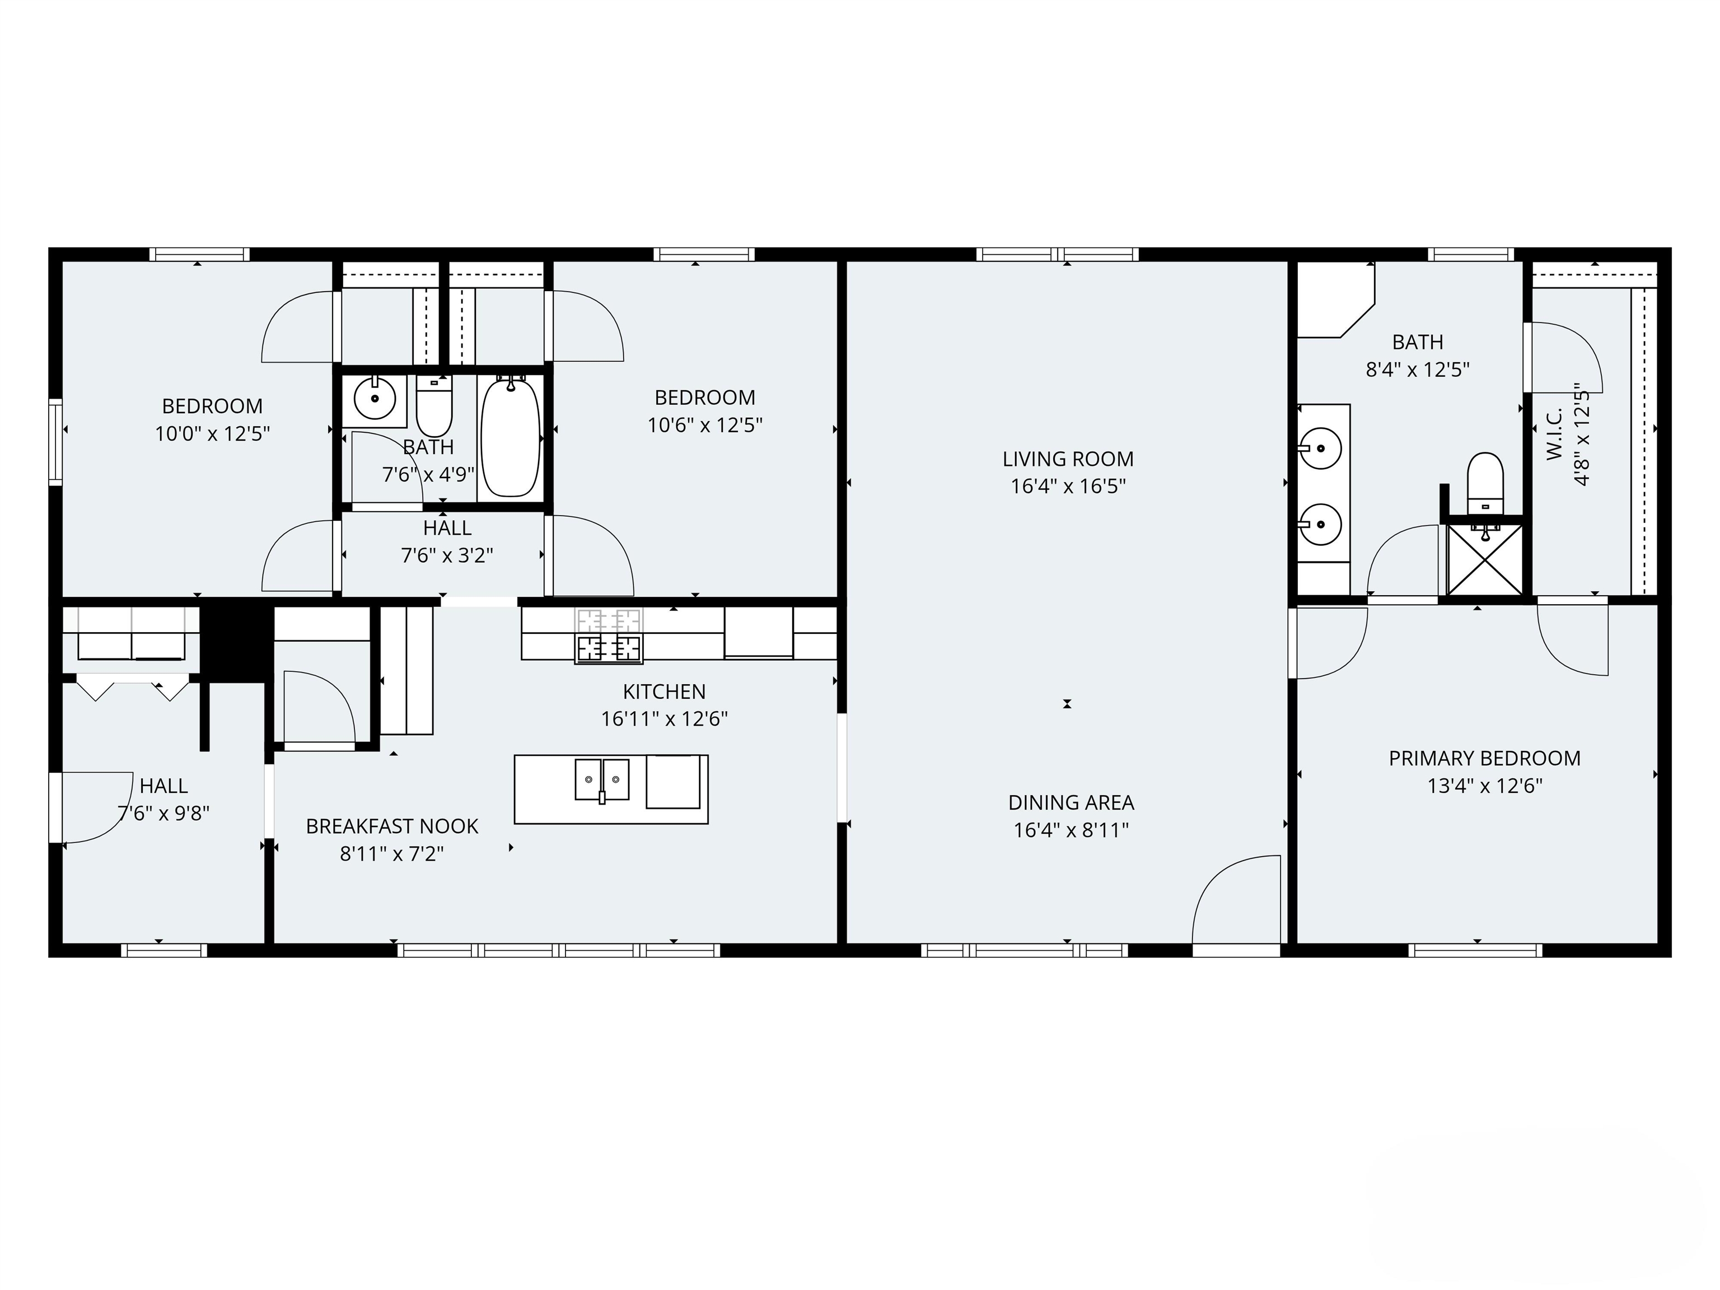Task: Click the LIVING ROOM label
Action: point(1068,459)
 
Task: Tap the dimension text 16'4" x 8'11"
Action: point(1071,830)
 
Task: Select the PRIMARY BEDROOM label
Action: point(1484,758)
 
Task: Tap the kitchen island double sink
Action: point(602,779)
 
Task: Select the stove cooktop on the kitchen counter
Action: point(609,647)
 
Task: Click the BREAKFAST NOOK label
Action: point(392,826)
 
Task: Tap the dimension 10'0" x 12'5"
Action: point(212,433)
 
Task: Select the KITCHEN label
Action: point(664,691)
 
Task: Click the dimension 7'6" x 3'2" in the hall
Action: point(447,555)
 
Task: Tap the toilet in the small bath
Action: point(434,406)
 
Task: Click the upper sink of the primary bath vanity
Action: point(1320,448)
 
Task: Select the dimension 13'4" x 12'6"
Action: point(1484,786)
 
